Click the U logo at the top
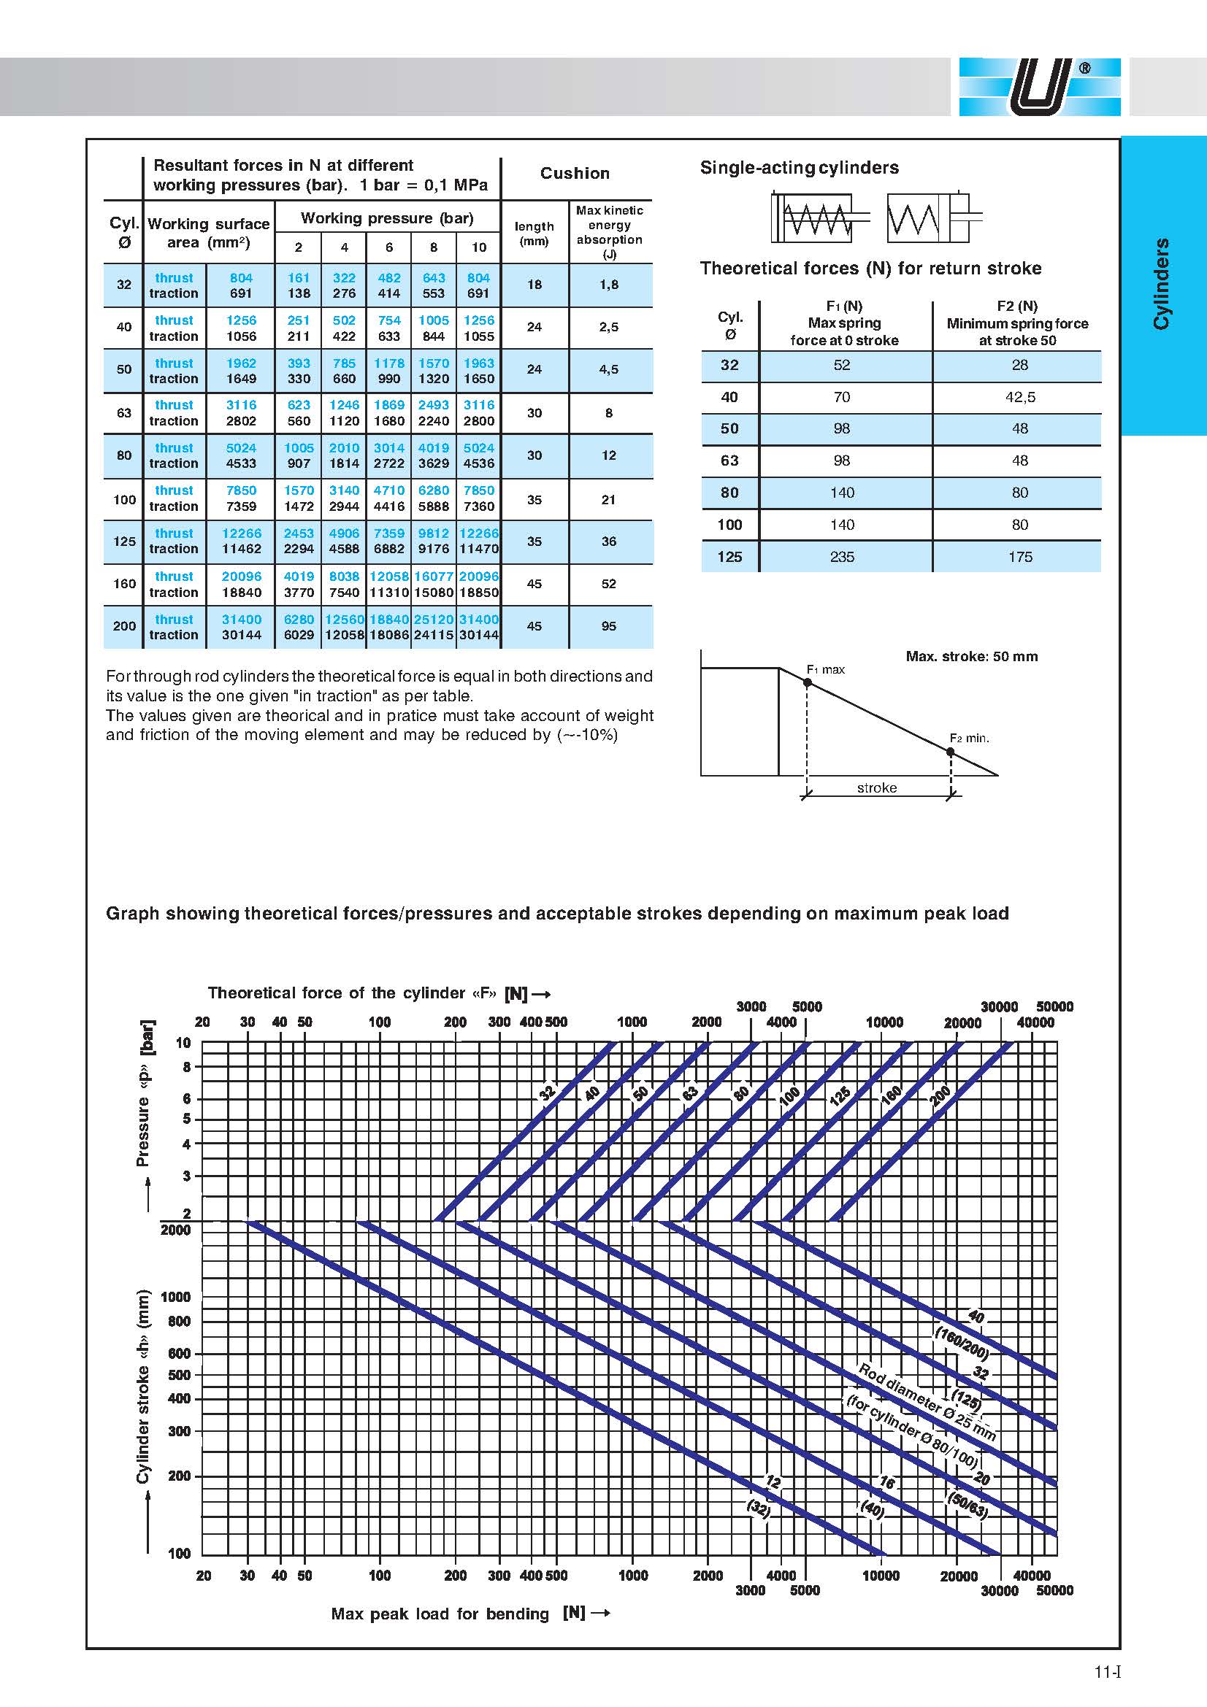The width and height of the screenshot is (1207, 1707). pos(1039,87)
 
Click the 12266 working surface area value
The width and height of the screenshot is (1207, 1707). pos(241,533)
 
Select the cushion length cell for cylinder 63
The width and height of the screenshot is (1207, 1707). pos(534,412)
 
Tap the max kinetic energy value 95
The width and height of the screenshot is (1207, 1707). pos(608,626)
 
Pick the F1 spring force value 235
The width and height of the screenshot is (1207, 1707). pos(842,556)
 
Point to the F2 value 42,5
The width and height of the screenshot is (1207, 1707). pos(1019,397)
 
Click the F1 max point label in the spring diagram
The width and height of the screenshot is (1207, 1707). pos(826,669)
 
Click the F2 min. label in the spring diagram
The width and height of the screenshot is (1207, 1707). pos(969,739)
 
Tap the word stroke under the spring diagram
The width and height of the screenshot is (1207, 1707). pos(877,787)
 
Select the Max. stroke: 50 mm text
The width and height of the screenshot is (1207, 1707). pos(971,657)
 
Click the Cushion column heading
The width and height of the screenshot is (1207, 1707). pos(574,173)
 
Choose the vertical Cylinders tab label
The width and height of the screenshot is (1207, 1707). pos(1161,284)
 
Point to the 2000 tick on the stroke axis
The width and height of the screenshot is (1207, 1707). pos(175,1230)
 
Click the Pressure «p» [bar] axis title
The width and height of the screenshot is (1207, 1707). pos(146,1093)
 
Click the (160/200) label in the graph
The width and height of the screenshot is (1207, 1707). pos(960,1342)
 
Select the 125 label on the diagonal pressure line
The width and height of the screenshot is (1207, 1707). pos(840,1097)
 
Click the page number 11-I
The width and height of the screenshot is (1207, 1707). pos(1107,1673)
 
